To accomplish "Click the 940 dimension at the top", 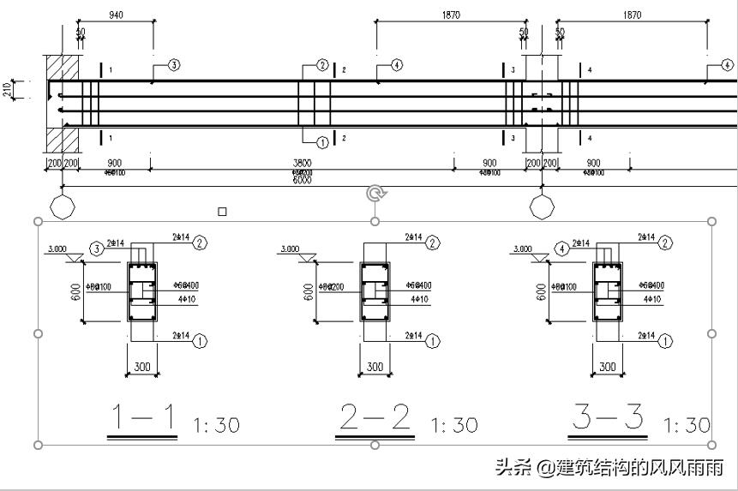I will coord(115,15).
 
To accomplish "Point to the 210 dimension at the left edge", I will coord(8,88).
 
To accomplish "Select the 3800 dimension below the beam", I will coord(302,163).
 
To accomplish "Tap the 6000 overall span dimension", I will coord(302,179).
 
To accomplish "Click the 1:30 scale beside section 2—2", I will coord(453,425).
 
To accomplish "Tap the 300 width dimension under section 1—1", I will coord(142,368).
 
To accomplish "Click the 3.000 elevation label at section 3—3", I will coord(522,249).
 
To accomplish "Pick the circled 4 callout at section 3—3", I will coord(562,248).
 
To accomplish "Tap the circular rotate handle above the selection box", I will coord(375,194).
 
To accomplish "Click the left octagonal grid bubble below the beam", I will coord(63,207).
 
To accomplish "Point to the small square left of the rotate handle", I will coord(222,212).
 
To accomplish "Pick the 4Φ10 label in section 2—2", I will coord(419,299).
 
